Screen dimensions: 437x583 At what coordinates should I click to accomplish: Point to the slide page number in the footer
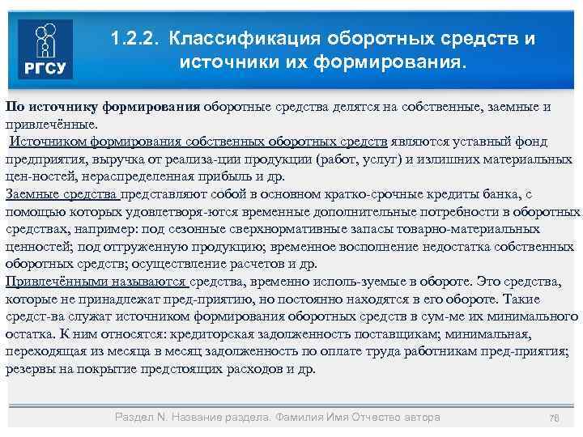[555, 418]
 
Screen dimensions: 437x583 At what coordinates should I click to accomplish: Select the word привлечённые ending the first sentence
[50, 123]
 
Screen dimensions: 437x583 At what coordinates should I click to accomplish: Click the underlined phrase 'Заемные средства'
[62, 193]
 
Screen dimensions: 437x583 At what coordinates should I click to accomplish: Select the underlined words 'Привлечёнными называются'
[96, 281]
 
